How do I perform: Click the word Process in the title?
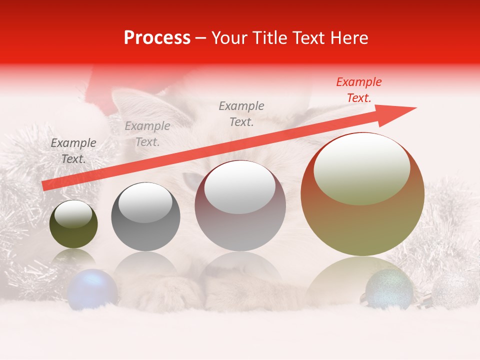pos(157,38)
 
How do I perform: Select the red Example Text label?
pos(358,90)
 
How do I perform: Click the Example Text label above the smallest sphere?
pos(73,151)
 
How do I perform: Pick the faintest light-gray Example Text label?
pos(147,134)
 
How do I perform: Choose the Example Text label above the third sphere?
pos(241,114)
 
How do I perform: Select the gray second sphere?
pos(145,216)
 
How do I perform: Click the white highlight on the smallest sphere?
pos(73,214)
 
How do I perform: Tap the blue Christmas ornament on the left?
pos(92,289)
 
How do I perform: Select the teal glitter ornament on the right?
pos(389,289)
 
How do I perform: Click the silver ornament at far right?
pos(454,290)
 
